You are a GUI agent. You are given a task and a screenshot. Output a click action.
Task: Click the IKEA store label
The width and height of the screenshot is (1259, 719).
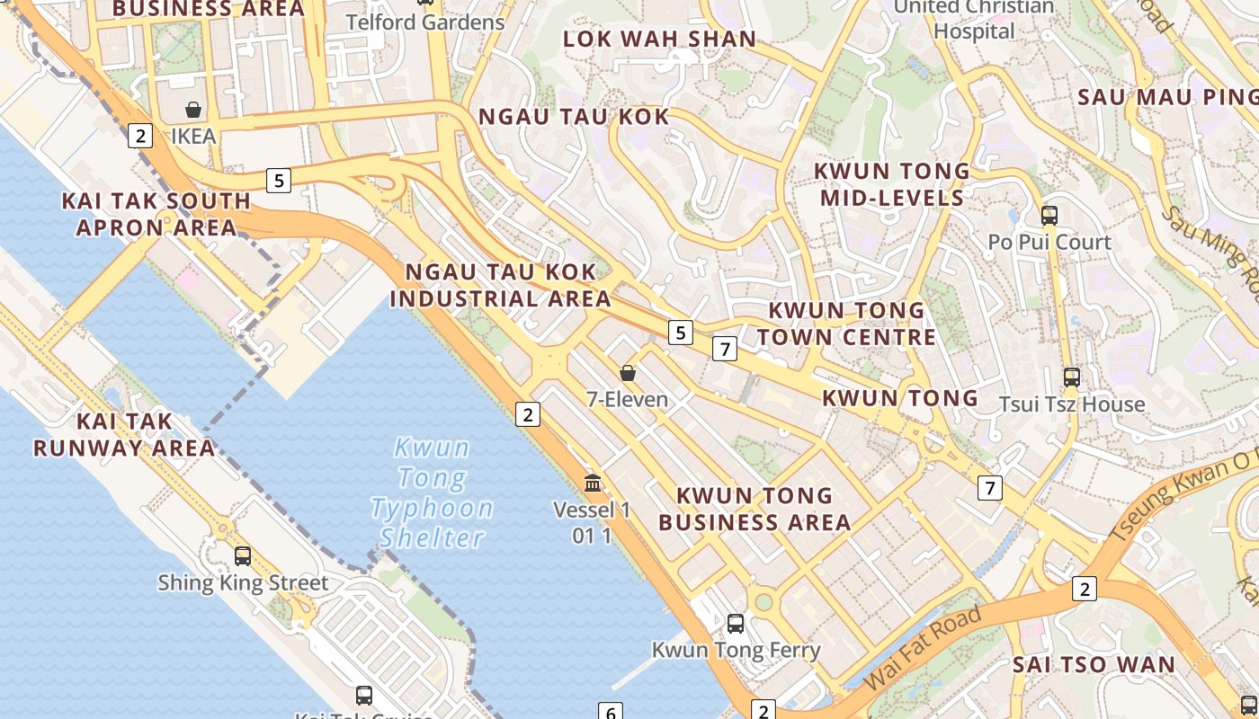pyautogui.click(x=193, y=137)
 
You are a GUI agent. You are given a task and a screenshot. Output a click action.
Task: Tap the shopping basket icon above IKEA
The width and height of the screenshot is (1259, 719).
pyautogui.click(x=192, y=111)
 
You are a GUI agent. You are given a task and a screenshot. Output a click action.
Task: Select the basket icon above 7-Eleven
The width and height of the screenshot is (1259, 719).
pyautogui.click(x=628, y=372)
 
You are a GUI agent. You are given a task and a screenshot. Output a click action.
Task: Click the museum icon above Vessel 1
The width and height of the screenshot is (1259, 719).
pyautogui.click(x=593, y=484)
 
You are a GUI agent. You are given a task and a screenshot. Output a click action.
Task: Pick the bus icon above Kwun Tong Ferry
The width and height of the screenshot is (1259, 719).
pyautogui.click(x=736, y=623)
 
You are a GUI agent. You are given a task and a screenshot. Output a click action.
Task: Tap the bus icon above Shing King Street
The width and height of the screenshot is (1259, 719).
pyautogui.click(x=242, y=555)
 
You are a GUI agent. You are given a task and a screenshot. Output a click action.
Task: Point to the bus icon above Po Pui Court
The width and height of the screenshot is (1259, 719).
pyautogui.click(x=1049, y=215)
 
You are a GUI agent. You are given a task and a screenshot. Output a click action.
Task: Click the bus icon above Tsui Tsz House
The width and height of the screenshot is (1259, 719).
pyautogui.click(x=1071, y=377)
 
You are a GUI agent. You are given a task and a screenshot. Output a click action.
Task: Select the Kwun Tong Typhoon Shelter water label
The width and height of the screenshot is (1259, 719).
pyautogui.click(x=432, y=493)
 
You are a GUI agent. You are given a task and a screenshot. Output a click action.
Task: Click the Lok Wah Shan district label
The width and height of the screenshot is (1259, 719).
pyautogui.click(x=659, y=39)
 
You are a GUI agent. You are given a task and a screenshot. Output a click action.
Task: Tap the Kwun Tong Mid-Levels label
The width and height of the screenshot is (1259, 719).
pyautogui.click(x=891, y=184)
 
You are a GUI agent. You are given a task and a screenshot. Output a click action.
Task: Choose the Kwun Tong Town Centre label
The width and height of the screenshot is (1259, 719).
pyautogui.click(x=846, y=324)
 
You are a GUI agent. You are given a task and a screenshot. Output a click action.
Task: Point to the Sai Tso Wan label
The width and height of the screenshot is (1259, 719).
pyautogui.click(x=1094, y=665)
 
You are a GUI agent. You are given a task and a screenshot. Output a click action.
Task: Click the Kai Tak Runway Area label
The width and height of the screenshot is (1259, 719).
pyautogui.click(x=124, y=434)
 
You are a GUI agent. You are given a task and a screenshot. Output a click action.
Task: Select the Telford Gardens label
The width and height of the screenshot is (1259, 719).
pyautogui.click(x=425, y=22)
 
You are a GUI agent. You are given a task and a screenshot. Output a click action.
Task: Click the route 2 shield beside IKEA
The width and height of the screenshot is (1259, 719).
pyautogui.click(x=139, y=136)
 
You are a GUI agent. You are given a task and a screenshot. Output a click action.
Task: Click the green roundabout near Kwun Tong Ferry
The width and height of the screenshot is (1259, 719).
pyautogui.click(x=763, y=601)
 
